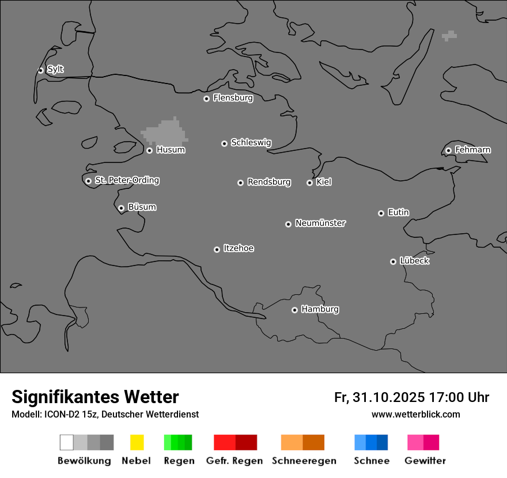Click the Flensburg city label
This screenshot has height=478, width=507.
pyautogui.click(x=233, y=98)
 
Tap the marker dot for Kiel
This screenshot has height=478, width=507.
pyautogui.click(x=309, y=183)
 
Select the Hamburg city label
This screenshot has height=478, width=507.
pyautogui.click(x=320, y=309)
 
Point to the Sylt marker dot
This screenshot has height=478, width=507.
pyautogui.click(x=40, y=70)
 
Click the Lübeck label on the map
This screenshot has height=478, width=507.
pyautogui.click(x=414, y=261)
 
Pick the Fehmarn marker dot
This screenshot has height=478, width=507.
pyautogui.click(x=448, y=150)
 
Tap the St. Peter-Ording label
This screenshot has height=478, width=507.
pyautogui.click(x=127, y=180)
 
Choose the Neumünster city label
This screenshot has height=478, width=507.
pyautogui.click(x=320, y=223)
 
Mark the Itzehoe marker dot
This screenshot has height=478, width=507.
pyautogui.click(x=217, y=249)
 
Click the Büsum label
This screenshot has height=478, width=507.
pyautogui.click(x=142, y=207)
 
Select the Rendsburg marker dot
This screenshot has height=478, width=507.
pyautogui.click(x=240, y=183)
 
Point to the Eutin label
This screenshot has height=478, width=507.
pyautogui.click(x=398, y=213)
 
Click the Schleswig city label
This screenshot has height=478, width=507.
pyautogui.click(x=251, y=142)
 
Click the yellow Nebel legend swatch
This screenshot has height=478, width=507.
pyautogui.click(x=137, y=442)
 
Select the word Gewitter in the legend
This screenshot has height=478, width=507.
pyautogui.click(x=425, y=461)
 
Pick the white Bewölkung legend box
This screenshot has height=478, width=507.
pyautogui.click(x=66, y=442)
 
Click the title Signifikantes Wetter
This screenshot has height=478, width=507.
pyautogui.click(x=95, y=397)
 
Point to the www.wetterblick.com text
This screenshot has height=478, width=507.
pyautogui.click(x=415, y=414)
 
